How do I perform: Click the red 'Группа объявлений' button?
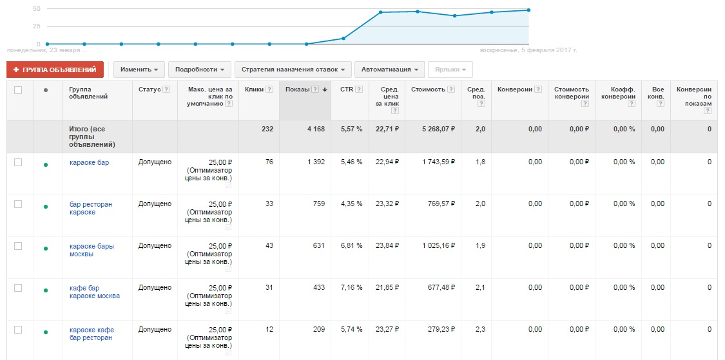tap(55, 70)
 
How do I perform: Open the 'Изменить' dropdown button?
tap(139, 70)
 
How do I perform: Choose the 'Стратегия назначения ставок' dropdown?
tap(293, 70)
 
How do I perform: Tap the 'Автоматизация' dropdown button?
tap(390, 70)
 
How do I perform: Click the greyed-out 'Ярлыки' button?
tap(450, 70)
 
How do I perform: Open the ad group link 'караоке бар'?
tap(89, 162)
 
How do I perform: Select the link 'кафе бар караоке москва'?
tap(94, 292)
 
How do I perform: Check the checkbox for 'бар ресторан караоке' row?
tap(18, 204)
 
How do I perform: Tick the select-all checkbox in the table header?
tap(18, 90)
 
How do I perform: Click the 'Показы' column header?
tap(298, 90)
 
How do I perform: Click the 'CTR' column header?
tap(347, 90)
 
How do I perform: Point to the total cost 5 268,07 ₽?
tap(438, 129)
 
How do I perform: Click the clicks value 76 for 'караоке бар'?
tap(269, 162)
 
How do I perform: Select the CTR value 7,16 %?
tap(351, 288)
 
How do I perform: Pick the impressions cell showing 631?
tap(318, 246)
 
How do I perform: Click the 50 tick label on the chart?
tap(36, 9)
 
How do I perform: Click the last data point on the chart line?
tap(528, 10)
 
